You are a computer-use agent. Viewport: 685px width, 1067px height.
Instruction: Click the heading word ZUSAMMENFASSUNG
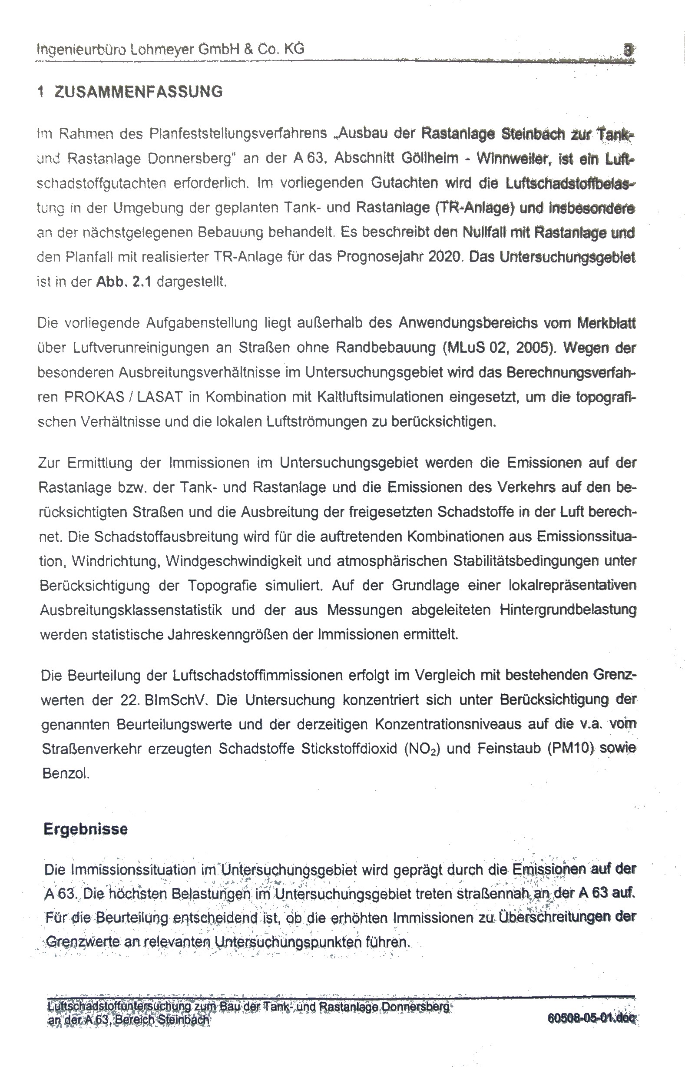(138, 92)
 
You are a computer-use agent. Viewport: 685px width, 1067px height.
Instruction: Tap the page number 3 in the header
(628, 50)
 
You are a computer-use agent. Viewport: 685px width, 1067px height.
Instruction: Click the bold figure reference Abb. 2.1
(123, 282)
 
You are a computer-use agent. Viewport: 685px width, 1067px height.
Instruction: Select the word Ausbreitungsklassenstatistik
(131, 610)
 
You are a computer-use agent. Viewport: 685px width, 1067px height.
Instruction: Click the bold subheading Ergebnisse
(86, 828)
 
